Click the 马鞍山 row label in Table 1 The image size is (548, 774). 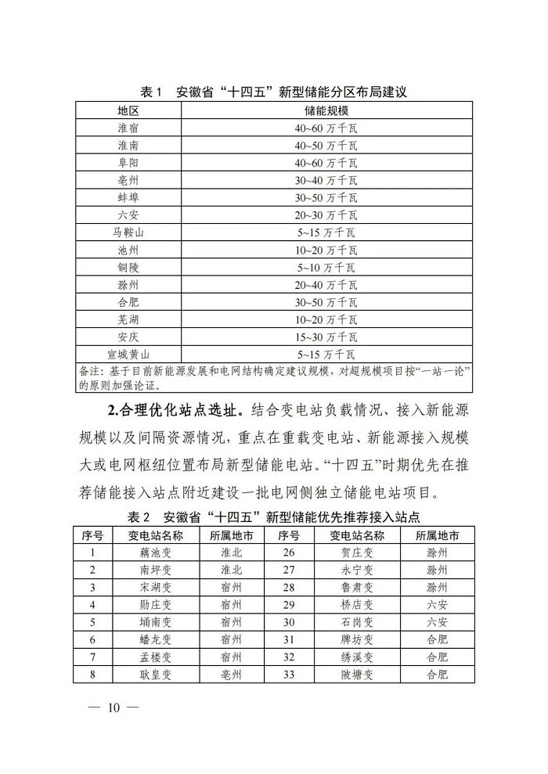128,232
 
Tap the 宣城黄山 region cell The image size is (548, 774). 128,354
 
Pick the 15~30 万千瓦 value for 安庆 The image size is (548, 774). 326,337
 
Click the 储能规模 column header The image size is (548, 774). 326,110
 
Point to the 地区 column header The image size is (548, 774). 128,110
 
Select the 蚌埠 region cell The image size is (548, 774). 128,197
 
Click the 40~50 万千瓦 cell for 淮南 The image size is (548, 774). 326,146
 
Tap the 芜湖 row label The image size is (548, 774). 128,319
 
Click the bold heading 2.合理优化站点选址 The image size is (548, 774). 172,409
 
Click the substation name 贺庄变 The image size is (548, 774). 358,553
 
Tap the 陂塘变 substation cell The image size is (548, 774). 358,673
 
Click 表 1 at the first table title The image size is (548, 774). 150,92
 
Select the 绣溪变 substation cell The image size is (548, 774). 358,656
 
